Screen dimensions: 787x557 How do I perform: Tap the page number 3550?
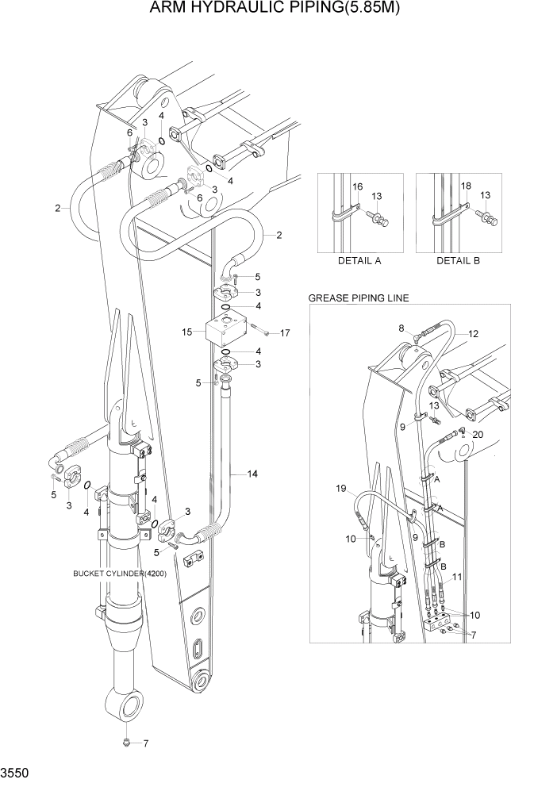[x=15, y=770]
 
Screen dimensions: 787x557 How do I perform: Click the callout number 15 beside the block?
[x=186, y=332]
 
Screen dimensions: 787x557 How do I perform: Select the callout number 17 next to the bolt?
[x=285, y=333]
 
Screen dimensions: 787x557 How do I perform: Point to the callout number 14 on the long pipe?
[x=252, y=474]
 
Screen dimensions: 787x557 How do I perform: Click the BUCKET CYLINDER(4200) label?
[x=119, y=574]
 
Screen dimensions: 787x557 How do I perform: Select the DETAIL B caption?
[x=458, y=260]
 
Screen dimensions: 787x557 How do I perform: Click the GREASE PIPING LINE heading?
[x=358, y=298]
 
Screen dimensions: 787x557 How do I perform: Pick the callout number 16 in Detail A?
[x=357, y=186]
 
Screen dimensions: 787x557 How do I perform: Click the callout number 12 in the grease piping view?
[x=473, y=334]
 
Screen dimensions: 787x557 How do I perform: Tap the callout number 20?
[x=478, y=435]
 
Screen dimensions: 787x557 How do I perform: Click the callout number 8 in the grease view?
[x=401, y=328]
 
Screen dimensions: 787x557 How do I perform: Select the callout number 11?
[x=456, y=578]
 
